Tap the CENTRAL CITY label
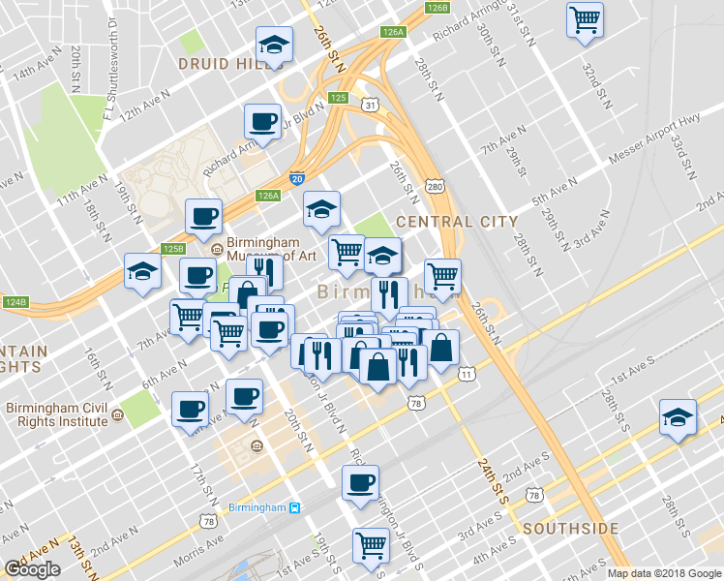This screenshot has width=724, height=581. [x=457, y=221]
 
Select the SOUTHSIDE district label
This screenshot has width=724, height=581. [x=570, y=529]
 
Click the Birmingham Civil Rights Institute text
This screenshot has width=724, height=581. [x=56, y=414]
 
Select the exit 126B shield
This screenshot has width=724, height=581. [x=437, y=8]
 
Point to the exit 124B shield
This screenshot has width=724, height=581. [x=15, y=302]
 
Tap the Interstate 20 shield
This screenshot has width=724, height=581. [x=296, y=179]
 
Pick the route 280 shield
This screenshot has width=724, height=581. [x=435, y=186]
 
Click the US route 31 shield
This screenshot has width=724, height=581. [x=369, y=104]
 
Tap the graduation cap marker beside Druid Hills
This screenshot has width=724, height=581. [x=274, y=45]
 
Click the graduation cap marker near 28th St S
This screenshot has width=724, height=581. [x=678, y=418]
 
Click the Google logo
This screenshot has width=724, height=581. [x=33, y=569]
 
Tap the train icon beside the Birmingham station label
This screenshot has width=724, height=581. [x=296, y=508]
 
